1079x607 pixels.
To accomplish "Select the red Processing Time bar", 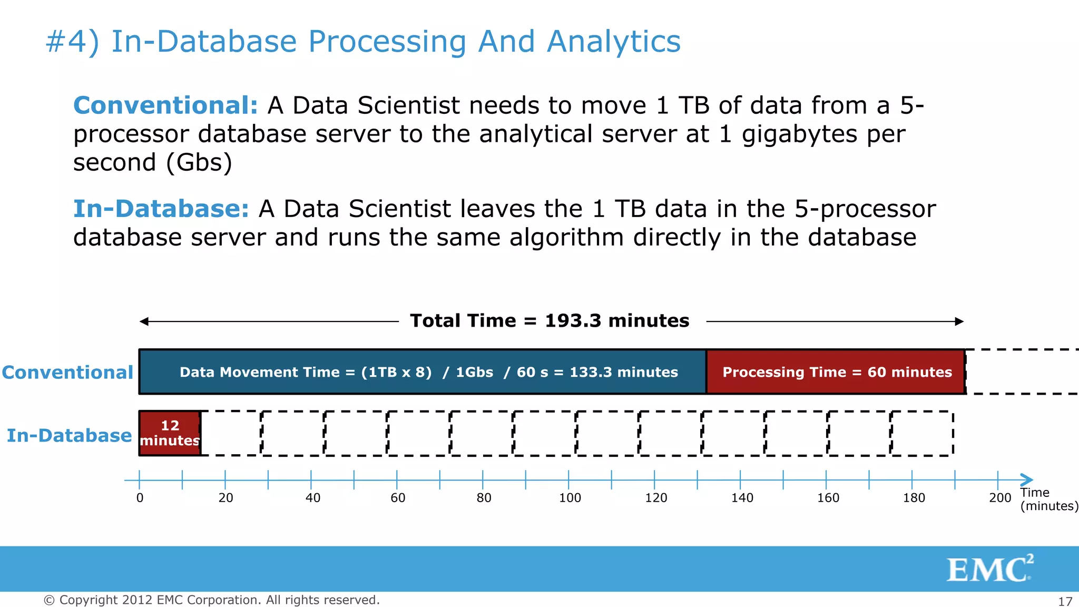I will [x=836, y=372].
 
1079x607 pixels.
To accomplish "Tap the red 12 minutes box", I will [x=170, y=433].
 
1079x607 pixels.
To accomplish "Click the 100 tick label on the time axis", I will [x=570, y=498].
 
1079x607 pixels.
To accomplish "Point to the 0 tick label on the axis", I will [x=140, y=498].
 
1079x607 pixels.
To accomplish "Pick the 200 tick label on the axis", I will [x=999, y=498].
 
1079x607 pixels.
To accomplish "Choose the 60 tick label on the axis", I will [x=398, y=498].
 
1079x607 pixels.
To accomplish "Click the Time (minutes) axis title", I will [x=1048, y=500].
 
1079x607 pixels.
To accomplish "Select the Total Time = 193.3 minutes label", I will [x=550, y=321].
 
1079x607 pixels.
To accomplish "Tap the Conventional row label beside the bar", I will [x=67, y=373].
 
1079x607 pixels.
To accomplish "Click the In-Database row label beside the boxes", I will [x=69, y=436].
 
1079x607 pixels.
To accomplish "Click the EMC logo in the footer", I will [x=989, y=569].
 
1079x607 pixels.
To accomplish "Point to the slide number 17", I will [x=1065, y=601].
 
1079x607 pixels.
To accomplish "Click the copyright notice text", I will [x=211, y=600].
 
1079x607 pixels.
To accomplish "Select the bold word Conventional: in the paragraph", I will [x=165, y=105].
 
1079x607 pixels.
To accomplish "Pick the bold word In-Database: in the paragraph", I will [x=161, y=209].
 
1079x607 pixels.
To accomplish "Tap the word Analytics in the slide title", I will [x=613, y=42].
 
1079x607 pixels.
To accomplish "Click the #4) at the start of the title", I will [x=72, y=42].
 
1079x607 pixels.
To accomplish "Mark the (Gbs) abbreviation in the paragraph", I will [x=199, y=163].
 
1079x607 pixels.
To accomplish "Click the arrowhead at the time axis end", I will [x=1027, y=480].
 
